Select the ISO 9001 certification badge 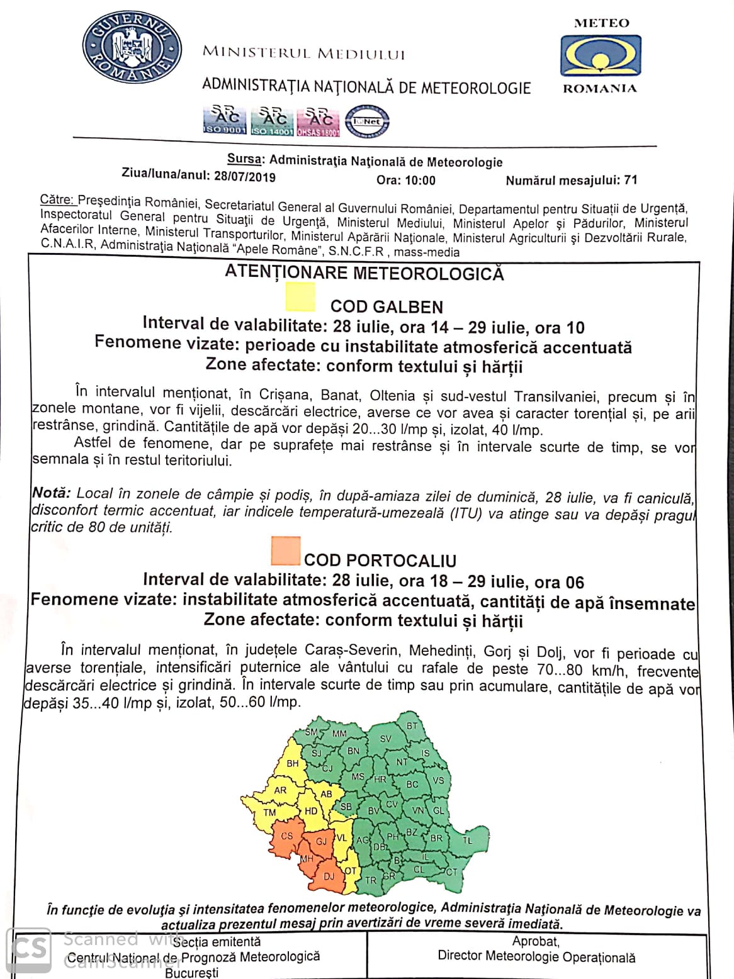point(223,121)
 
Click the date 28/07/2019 point(244,177)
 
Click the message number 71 point(630,180)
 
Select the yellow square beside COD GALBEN point(300,297)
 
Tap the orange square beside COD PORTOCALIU point(285,551)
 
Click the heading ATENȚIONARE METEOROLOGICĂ point(364,273)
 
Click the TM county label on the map point(269,812)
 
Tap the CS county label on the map point(287,836)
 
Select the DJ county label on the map point(329,876)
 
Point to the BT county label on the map point(412,725)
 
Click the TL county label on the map point(467,840)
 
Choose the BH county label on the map point(293,764)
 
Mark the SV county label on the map point(386,739)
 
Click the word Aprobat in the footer point(536,941)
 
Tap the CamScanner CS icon point(29,950)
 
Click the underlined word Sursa point(244,160)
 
